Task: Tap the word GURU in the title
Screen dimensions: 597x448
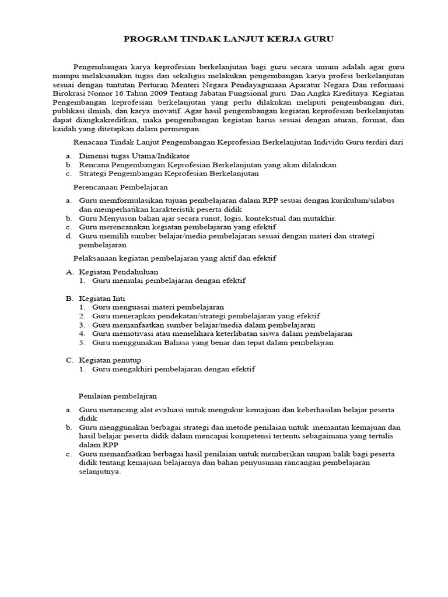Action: coord(318,39)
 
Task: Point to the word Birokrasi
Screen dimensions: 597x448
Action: coord(69,93)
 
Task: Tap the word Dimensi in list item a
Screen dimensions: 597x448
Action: coord(94,156)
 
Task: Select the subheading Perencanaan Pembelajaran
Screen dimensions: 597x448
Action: coord(120,187)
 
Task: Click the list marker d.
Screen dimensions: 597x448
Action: coord(68,236)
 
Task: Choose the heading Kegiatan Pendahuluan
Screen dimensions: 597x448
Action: coord(118,272)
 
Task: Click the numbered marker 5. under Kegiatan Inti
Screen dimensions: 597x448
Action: coord(83,343)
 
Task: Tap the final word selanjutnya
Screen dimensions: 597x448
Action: coord(100,472)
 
